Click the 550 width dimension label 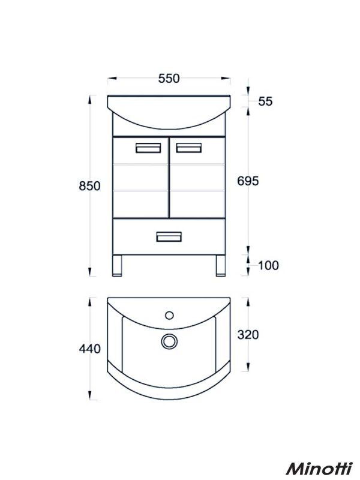coord(169,78)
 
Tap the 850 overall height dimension coord(89,186)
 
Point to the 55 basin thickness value coord(265,101)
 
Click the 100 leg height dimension coord(268,265)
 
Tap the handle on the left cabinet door coord(148,148)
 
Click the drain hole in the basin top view coord(169,341)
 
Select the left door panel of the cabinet coord(140,178)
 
